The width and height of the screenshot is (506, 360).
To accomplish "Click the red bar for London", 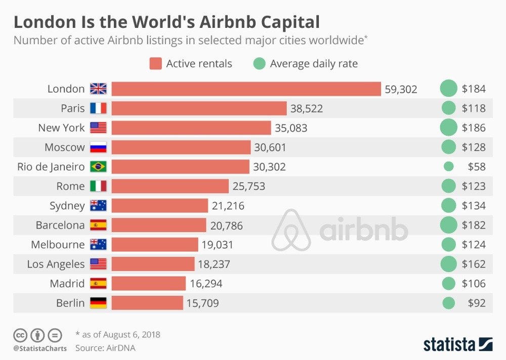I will [x=246, y=89].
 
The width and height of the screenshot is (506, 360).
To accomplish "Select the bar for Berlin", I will [x=147, y=303].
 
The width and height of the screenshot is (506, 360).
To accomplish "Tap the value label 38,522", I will [x=306, y=108].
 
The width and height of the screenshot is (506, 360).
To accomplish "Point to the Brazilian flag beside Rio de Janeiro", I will [x=98, y=167].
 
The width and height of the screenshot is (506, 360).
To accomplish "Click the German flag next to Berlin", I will [x=98, y=303].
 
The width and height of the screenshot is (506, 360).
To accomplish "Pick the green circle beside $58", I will [x=448, y=166].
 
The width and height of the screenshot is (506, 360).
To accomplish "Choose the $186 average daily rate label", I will [x=474, y=128].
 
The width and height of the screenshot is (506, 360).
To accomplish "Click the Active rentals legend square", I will [x=156, y=64].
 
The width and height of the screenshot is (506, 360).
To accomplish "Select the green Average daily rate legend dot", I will [x=260, y=64].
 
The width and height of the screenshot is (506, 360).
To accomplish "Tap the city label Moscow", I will [x=64, y=147].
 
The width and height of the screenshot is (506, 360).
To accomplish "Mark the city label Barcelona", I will [x=60, y=225].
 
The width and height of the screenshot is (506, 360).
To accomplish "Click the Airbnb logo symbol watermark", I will [x=291, y=230].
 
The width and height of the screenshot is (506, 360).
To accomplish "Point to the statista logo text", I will [x=448, y=344].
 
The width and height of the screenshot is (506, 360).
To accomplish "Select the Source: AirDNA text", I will [x=105, y=348].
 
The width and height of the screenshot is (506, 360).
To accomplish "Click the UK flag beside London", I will [x=98, y=89].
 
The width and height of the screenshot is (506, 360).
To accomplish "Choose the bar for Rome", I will [x=170, y=186].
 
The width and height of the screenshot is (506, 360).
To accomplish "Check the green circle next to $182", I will [x=448, y=225].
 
